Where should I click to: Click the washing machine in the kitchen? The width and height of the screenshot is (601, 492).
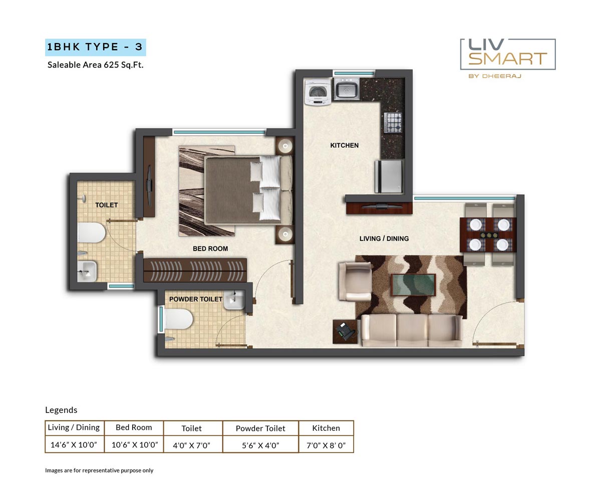(318, 92)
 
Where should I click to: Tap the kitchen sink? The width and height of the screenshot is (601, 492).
(346, 89)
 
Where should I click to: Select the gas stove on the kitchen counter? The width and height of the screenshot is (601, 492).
(393, 123)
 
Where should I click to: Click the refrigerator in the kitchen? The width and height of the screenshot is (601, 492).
(389, 176)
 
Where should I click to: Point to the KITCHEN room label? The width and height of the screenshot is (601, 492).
(344, 145)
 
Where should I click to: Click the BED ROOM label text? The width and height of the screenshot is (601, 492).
(210, 249)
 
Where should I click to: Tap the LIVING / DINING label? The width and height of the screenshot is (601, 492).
(384, 238)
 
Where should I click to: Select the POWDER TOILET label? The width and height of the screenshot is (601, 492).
(195, 299)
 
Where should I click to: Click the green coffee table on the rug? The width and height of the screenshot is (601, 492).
(413, 285)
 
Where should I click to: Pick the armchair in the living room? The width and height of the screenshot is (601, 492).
(355, 282)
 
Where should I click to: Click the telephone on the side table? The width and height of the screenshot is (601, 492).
(345, 331)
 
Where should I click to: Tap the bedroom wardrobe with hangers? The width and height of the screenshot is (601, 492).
(195, 270)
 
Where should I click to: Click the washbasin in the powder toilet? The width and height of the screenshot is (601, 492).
(234, 300)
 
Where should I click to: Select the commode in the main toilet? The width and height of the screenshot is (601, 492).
(91, 233)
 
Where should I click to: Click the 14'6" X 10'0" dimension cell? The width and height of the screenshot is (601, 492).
(74, 445)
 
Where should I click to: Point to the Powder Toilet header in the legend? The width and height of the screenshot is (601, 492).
(260, 428)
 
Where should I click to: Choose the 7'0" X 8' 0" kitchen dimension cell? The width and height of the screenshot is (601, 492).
(326, 445)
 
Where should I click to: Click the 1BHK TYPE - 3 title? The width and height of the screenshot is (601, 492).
(95, 47)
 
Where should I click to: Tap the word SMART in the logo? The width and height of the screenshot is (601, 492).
(507, 59)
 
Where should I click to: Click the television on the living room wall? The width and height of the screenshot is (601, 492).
(378, 205)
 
